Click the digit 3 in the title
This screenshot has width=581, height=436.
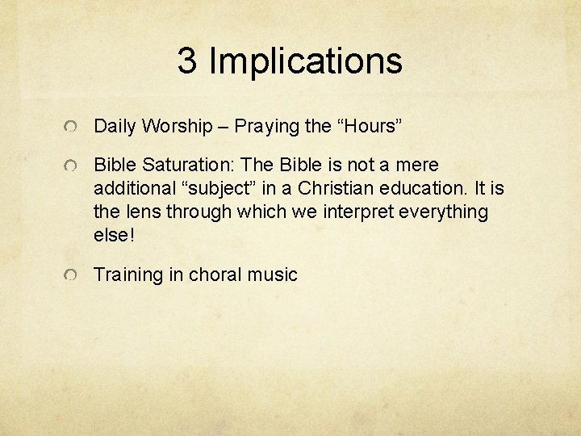click(x=187, y=61)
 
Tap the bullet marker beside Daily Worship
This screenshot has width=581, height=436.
click(x=73, y=128)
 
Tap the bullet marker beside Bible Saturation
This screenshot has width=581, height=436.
click(x=73, y=167)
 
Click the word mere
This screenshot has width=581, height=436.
click(x=419, y=166)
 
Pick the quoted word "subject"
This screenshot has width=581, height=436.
click(x=214, y=189)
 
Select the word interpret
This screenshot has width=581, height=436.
click(x=351, y=212)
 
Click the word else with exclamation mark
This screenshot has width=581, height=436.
click(x=113, y=235)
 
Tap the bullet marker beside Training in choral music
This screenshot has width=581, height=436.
click(x=73, y=277)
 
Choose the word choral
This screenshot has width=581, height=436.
click(x=216, y=275)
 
